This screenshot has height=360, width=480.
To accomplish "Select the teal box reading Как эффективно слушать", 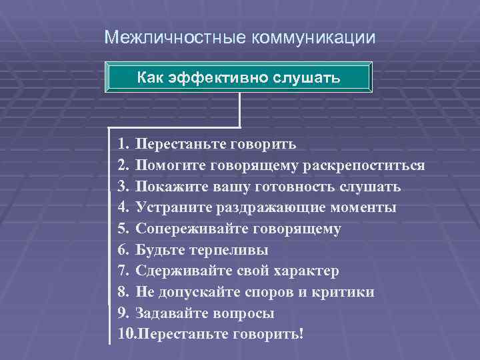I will point(239,78).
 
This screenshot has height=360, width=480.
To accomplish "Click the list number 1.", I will point(121,143).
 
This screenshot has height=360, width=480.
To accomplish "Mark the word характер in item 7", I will point(306,271).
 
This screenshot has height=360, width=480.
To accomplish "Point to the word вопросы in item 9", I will point(244,313).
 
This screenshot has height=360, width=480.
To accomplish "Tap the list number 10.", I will point(125,334).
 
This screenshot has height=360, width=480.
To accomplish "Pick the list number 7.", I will point(121,271).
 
